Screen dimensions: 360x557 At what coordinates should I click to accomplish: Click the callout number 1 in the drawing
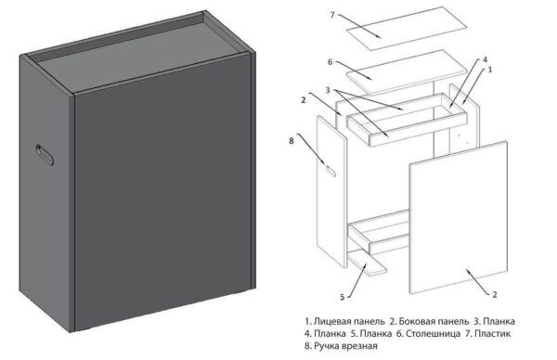489,70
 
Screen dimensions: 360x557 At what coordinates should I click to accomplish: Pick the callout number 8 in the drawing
293,141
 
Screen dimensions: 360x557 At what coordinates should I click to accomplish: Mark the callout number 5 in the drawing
343,298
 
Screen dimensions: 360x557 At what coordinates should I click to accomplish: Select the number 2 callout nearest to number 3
304,98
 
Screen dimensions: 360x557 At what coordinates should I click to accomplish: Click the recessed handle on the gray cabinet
45,155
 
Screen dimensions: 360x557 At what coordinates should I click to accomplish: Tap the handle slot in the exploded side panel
330,165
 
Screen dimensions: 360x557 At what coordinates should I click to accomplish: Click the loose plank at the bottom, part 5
372,266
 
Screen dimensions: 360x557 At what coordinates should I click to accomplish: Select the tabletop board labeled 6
409,67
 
